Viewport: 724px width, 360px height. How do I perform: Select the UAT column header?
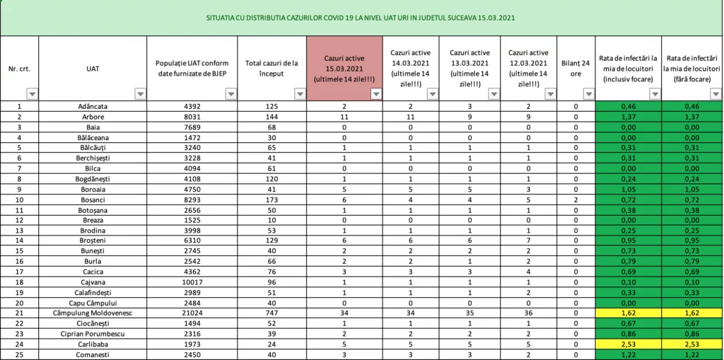click(x=92, y=69)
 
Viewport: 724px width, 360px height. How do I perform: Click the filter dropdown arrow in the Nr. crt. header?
click(x=32, y=93)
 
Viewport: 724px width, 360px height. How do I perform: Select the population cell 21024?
click(x=191, y=312)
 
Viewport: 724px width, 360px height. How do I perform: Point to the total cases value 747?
click(x=270, y=312)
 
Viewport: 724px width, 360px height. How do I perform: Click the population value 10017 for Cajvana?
click(x=191, y=281)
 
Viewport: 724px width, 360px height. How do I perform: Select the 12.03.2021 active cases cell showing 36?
click(x=527, y=312)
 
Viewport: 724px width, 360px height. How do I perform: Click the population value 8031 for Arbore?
click(x=191, y=117)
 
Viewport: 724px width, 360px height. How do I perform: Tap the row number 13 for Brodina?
click(x=19, y=230)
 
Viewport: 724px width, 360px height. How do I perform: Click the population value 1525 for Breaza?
click(x=191, y=220)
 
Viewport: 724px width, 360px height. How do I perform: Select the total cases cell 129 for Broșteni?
click(x=270, y=240)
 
